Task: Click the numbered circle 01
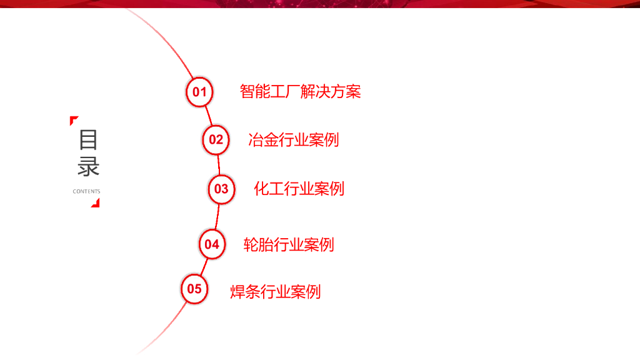(199, 92)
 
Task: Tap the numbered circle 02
(216, 139)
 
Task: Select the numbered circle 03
(221, 188)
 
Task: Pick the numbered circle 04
(212, 244)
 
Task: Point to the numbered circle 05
(194, 289)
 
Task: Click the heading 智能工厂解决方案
(300, 92)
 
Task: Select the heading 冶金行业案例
(293, 139)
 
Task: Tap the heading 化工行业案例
(299, 188)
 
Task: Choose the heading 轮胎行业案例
(289, 244)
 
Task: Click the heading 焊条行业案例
(275, 291)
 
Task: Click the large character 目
(88, 139)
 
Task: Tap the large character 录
(88, 167)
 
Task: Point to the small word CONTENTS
(86, 191)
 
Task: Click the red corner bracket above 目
(73, 119)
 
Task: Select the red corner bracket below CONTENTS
(96, 202)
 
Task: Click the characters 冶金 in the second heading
(262, 139)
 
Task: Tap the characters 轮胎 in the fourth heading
(258, 244)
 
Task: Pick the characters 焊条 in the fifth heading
(245, 291)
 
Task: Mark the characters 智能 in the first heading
(255, 92)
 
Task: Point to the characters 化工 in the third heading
(269, 188)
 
